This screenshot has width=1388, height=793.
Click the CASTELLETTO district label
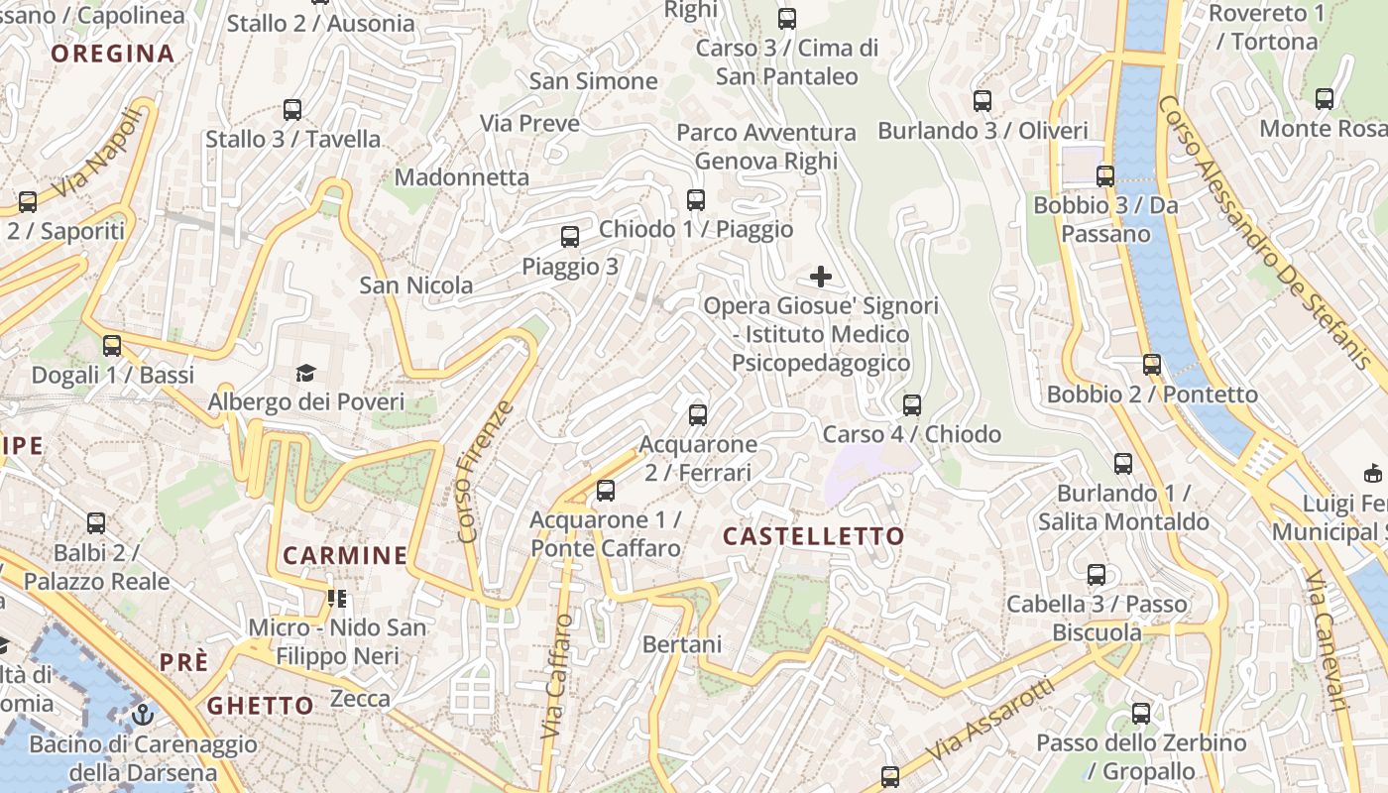(813, 536)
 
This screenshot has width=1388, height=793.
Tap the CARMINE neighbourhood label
(345, 555)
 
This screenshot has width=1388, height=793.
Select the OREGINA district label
(113, 54)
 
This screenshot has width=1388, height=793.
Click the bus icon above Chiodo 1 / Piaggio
(696, 200)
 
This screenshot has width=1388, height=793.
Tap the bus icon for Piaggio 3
(570, 237)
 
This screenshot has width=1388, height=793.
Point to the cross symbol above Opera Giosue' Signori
(821, 277)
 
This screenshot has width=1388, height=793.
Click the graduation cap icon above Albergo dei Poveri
(306, 373)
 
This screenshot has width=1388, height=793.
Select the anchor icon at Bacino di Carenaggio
(144, 714)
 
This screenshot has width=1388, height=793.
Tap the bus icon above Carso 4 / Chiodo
(912, 405)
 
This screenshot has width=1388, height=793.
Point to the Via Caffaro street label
(557, 676)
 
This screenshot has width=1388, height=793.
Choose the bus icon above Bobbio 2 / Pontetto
(1152, 365)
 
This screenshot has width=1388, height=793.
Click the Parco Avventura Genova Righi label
(766, 147)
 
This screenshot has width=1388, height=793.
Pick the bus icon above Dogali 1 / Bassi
(112, 346)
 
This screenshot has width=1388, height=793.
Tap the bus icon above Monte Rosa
(1325, 99)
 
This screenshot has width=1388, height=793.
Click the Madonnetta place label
(462, 177)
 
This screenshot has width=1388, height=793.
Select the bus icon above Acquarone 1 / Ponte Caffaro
(606, 491)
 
